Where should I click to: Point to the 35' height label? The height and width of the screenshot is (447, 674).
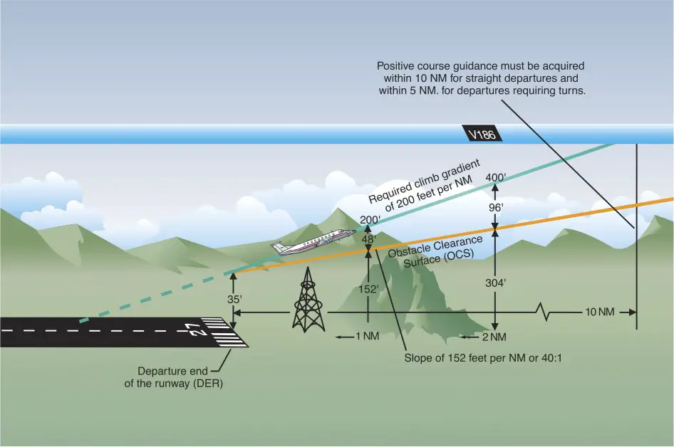tap(234, 300)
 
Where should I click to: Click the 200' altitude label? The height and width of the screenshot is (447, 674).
tap(370, 219)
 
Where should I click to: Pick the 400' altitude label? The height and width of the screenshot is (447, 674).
tap(496, 177)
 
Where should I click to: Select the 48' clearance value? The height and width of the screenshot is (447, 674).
tap(368, 241)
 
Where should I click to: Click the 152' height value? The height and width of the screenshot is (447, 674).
tap(368, 289)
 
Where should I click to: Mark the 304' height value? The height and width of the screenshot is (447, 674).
tap(496, 283)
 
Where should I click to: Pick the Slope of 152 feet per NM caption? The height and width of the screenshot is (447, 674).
tap(482, 357)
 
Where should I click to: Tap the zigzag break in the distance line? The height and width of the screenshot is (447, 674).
tap(546, 312)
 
